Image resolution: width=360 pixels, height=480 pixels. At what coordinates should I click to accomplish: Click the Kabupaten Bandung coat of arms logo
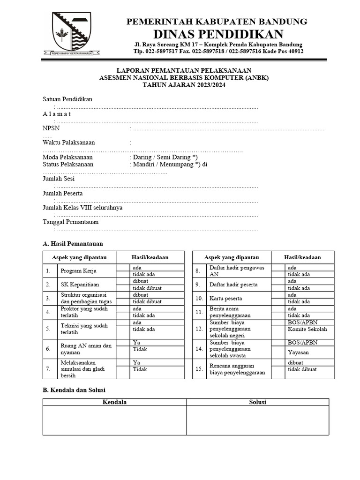pos(72,34)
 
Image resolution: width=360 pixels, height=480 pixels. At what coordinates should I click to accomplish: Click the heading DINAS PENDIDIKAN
pos(218,34)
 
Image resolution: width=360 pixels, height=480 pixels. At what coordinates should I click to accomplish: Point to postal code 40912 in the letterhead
pos(294,51)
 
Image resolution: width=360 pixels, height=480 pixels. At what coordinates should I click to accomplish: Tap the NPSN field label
pos(51,128)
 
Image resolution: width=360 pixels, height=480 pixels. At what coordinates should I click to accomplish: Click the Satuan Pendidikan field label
pos(67,99)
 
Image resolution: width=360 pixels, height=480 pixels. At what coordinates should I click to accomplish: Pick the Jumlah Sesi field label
pos(59,179)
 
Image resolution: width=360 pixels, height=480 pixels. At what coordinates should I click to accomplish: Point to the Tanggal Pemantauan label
pos(71,222)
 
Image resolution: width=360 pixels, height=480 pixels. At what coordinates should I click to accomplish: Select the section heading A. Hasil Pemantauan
pos(73,244)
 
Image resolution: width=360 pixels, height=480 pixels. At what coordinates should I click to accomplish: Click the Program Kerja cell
pos(77,271)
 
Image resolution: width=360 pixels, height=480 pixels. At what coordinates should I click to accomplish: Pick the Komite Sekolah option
pos(307,329)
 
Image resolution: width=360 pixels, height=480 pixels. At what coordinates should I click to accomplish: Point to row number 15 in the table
pos(199,369)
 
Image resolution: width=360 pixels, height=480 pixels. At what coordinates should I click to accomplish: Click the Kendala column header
pos(114,402)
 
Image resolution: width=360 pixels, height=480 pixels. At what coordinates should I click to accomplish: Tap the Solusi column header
pos(258,402)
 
